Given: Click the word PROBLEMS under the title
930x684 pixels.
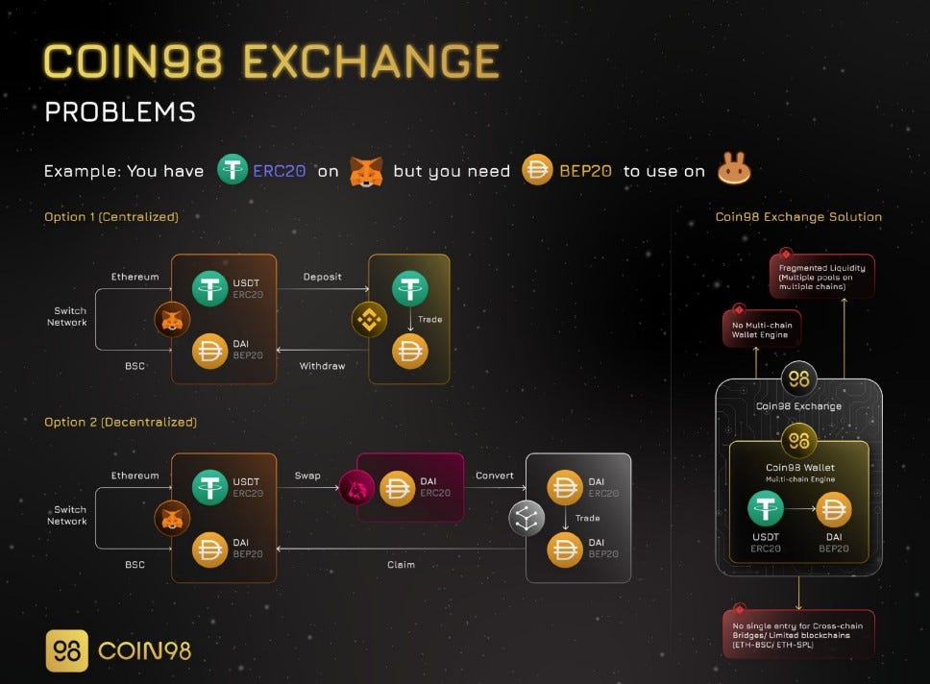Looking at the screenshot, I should pos(120,111).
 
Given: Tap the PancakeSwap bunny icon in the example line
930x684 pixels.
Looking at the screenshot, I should pos(733,171).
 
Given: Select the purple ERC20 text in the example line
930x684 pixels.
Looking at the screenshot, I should pos(280,171).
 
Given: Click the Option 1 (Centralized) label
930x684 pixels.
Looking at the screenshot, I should pos(111,217).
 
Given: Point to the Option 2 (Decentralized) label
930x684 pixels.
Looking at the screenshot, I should pos(120,422).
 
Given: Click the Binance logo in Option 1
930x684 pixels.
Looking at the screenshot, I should pos(369,320).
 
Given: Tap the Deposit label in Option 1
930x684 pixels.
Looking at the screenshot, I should pos(322,277).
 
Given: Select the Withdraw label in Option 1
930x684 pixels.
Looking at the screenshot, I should pos(322,365).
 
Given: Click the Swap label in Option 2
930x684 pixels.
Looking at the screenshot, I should pos(306,476).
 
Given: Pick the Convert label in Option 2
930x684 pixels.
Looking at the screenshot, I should pos(495,476).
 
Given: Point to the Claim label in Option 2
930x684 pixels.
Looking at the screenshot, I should pos(401,564).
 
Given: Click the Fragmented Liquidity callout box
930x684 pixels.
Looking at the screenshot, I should pos(822,275).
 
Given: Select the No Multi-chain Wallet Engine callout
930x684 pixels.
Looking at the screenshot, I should pos(761,329).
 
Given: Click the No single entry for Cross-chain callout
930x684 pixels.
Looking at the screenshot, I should pos(798,633).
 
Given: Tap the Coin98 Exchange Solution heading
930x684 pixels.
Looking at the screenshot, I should pos(798,217).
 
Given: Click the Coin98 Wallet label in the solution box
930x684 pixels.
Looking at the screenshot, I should pos(798,467).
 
